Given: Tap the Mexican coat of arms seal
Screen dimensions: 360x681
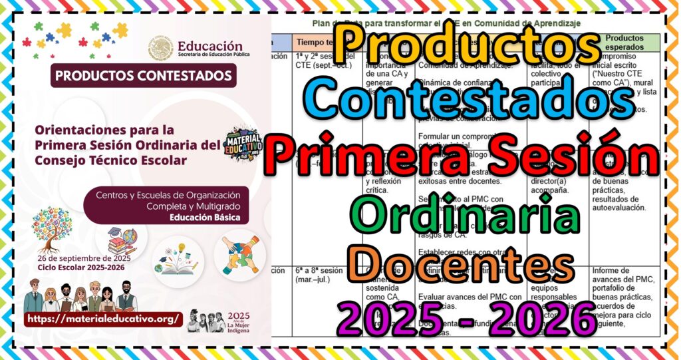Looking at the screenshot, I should point(160,49).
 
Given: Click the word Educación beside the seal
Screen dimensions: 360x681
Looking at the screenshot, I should point(209,46).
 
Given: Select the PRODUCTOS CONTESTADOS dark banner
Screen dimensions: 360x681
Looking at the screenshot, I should point(143,76).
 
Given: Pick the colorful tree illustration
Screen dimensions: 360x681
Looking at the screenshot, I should point(51,228).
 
